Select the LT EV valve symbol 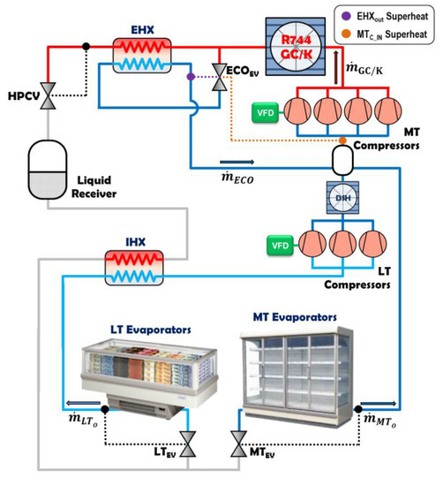[187, 440]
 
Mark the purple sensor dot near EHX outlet [191, 77]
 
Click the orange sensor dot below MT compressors [342, 140]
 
